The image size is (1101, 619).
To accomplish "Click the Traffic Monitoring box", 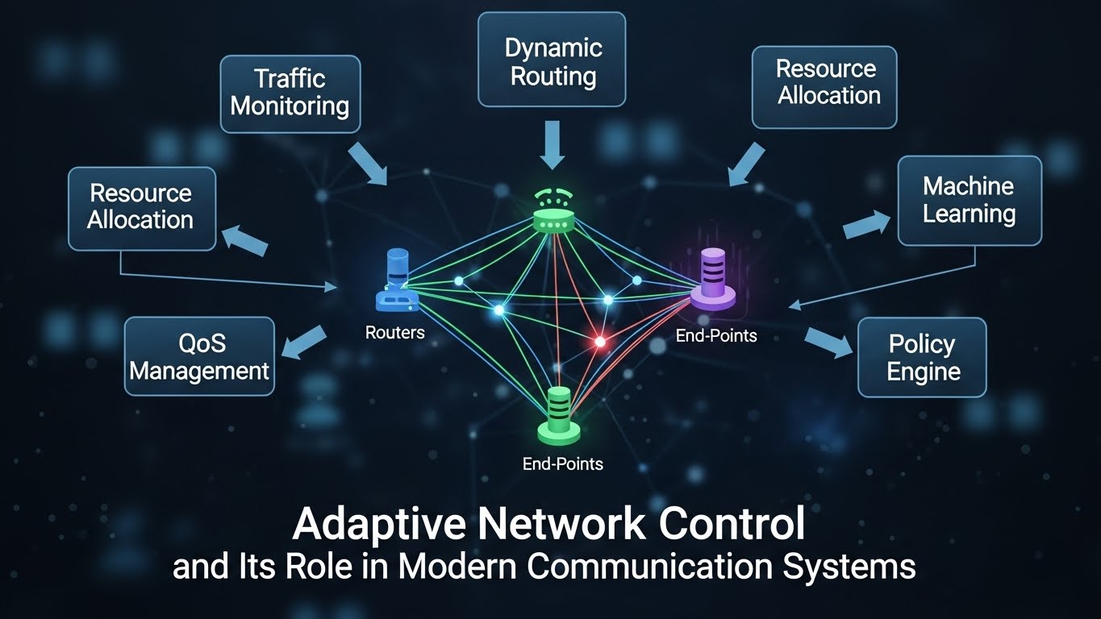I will pos(290,93).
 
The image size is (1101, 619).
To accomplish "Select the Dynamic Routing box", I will pos(553,60).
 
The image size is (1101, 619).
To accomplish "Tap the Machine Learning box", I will pos(969,201).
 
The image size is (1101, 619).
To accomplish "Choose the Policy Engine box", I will pos(922,357).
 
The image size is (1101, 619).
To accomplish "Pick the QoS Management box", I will pos(199,357).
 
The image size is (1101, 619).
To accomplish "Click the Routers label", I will pos(394,332).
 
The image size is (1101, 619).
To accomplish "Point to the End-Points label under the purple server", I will pos(716,335).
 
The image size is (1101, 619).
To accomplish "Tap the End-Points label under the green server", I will pos(562,463).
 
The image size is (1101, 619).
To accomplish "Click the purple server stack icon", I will pos(713,279).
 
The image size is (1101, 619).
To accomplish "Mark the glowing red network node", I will pos(599,342).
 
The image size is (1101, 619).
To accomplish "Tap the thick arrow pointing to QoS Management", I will pos(304,342).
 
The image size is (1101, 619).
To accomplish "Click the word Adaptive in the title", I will pos(377,524).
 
